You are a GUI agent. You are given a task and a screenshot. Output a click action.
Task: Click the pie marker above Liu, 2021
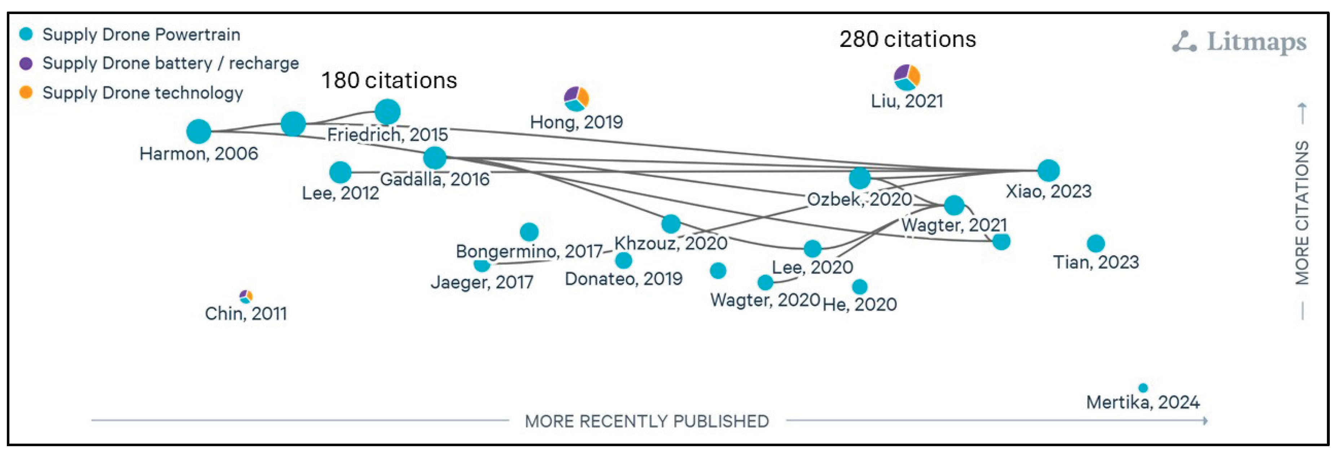[907, 77]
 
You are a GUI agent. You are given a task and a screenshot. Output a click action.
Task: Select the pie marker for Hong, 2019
[576, 99]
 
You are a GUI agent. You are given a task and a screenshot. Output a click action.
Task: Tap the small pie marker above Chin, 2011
[246, 296]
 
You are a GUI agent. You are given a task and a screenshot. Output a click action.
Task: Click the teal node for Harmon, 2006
[199, 131]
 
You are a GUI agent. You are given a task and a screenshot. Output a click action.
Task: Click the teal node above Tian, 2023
[1096, 243]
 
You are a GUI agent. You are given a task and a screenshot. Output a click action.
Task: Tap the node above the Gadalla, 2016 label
[435, 158]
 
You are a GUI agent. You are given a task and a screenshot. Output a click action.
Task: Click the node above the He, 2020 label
[859, 287]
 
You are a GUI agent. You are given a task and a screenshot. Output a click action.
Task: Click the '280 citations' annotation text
[907, 39]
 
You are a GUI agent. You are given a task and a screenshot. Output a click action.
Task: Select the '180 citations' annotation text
[389, 80]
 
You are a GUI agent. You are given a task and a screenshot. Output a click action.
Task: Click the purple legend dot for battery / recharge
[26, 64]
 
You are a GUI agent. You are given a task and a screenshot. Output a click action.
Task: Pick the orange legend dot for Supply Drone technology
[26, 92]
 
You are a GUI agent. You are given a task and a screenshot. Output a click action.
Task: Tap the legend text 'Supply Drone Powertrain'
[141, 35]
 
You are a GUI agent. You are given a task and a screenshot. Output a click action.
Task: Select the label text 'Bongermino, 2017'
[529, 251]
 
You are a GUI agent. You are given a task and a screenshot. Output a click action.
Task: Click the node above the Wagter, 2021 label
[954, 205]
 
